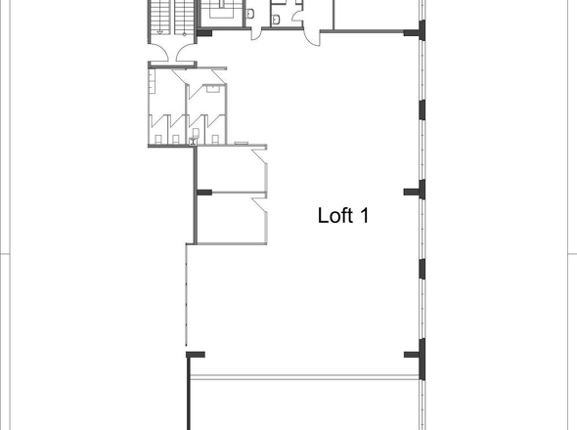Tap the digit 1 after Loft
pyautogui.click(x=364, y=215)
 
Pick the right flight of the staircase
pyautogui.click(x=182, y=19)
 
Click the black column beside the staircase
pyautogui.click(x=205, y=33)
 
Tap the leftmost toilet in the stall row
pyautogui.click(x=159, y=138)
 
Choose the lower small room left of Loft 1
pyautogui.click(x=230, y=216)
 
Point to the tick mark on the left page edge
pyautogui.click(x=5, y=253)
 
